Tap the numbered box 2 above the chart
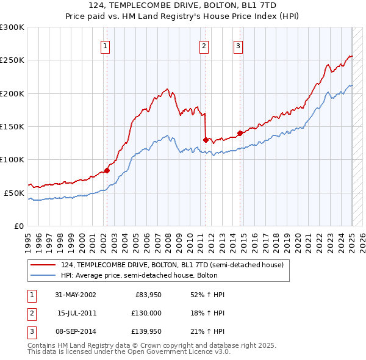point(204,45)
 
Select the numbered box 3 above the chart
point(238,45)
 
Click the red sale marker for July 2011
point(206,140)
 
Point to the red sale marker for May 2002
point(107,170)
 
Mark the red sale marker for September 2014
point(240,133)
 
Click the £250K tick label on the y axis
point(12,60)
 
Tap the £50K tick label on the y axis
point(14,193)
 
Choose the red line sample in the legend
point(43,265)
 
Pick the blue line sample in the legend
point(43,275)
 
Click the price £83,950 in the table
point(147,295)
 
